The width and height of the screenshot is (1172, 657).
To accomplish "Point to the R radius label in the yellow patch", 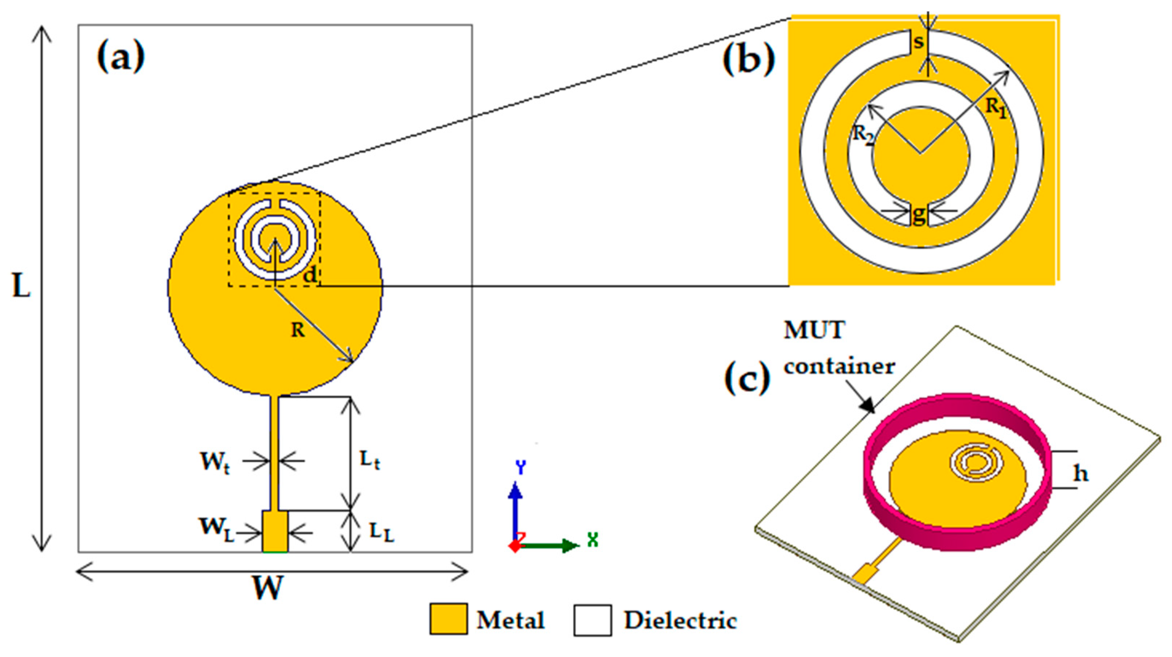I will (x=298, y=330).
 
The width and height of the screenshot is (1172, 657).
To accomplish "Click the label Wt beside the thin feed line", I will (x=215, y=463).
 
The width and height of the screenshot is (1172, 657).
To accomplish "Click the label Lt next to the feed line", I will (x=370, y=461).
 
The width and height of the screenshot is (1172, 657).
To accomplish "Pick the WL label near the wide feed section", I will (x=216, y=530).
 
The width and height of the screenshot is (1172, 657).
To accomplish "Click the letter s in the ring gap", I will (x=919, y=42).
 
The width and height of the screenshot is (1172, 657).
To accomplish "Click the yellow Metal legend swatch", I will (x=448, y=619).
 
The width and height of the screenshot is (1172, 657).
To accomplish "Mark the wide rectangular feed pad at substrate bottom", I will (x=275, y=531).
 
